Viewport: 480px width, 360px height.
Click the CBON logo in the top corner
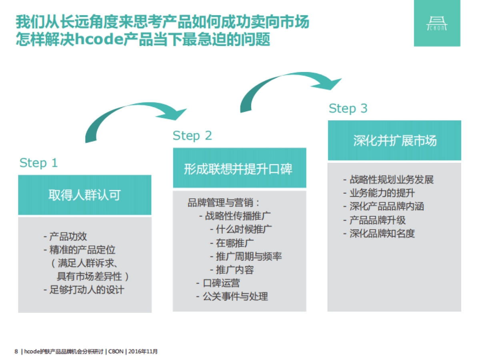click(437, 23)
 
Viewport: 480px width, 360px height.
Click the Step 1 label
click(38, 163)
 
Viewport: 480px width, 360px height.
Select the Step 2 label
click(192, 136)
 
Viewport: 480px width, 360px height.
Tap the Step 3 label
click(348, 109)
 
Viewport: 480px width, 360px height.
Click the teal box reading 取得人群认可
click(85, 195)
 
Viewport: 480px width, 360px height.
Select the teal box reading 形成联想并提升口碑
click(239, 168)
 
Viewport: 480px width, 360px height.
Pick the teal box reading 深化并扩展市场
click(394, 141)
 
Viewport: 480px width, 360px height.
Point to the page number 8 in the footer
click(16, 352)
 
